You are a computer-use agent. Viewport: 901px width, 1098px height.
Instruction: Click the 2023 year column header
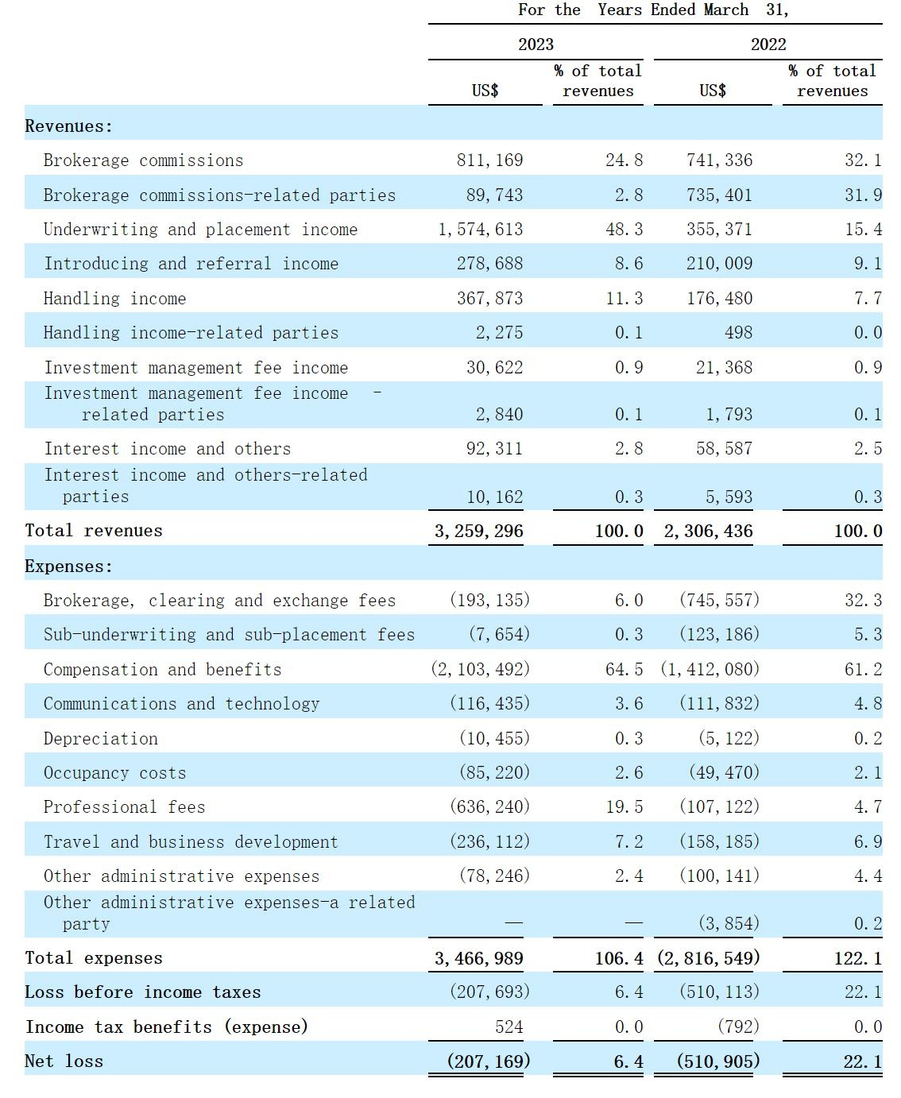coord(536,44)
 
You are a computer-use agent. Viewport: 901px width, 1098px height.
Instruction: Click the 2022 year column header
coord(768,44)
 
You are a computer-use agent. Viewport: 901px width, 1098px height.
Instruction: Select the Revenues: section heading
coord(68,126)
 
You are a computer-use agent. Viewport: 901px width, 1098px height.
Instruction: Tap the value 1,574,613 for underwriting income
coord(480,230)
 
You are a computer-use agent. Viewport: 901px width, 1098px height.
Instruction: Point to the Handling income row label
coord(114,299)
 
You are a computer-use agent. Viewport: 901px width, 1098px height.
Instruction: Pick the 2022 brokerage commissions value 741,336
coord(719,160)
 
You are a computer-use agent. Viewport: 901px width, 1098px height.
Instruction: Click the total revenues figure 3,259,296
coord(478,531)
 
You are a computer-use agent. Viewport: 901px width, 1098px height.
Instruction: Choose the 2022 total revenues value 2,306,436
coord(708,531)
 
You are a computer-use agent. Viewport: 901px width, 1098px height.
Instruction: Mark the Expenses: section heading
coord(68,566)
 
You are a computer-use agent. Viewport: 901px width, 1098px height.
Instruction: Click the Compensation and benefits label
coord(162,670)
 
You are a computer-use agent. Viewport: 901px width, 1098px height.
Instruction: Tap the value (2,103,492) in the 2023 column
coord(480,670)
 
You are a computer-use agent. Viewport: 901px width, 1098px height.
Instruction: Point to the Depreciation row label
coord(100,739)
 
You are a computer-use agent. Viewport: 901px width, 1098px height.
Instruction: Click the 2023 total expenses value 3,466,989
coord(478,958)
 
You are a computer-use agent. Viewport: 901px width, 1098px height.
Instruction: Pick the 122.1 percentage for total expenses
coord(857,958)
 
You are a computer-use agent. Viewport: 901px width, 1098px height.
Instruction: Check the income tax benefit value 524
coord(509,1027)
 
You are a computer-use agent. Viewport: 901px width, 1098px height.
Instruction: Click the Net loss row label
coord(64,1061)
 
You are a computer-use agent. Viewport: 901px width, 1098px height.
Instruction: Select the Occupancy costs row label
coord(114,773)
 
